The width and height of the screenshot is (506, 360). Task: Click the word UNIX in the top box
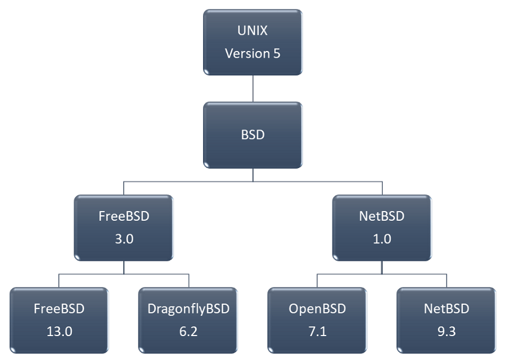(253, 31)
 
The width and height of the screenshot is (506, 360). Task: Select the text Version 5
(253, 53)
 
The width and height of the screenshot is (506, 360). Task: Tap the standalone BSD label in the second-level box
(253, 135)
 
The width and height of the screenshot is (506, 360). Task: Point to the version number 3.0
(124, 239)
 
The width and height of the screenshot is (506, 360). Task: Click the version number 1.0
(382, 239)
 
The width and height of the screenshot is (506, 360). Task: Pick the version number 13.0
(59, 331)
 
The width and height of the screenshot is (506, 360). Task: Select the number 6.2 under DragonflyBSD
(188, 331)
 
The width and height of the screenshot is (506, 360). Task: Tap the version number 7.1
(318, 331)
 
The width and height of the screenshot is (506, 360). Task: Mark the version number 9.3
(447, 331)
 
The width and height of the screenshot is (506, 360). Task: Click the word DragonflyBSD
(188, 309)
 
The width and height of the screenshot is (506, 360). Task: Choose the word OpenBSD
(318, 309)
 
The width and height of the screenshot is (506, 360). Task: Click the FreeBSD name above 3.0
(124, 216)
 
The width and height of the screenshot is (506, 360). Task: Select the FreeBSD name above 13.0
(59, 309)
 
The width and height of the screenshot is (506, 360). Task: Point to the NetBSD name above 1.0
(382, 216)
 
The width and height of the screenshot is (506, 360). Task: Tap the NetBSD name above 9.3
(447, 309)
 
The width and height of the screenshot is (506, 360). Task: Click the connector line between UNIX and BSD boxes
(253, 88)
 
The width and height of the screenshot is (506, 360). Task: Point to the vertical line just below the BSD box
(253, 175)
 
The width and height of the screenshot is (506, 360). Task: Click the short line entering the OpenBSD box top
(318, 280)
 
